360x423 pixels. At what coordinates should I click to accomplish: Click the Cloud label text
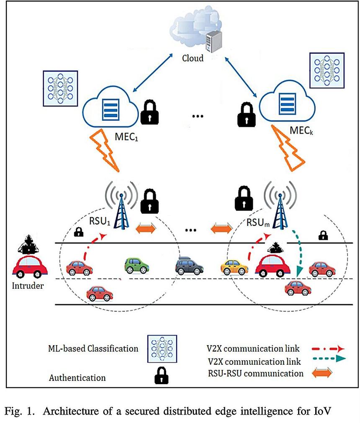tap(193, 58)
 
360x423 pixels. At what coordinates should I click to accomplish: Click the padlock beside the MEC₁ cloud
tap(150, 112)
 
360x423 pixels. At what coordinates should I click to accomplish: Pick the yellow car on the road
tap(234, 267)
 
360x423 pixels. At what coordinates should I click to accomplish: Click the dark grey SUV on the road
tap(189, 265)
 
